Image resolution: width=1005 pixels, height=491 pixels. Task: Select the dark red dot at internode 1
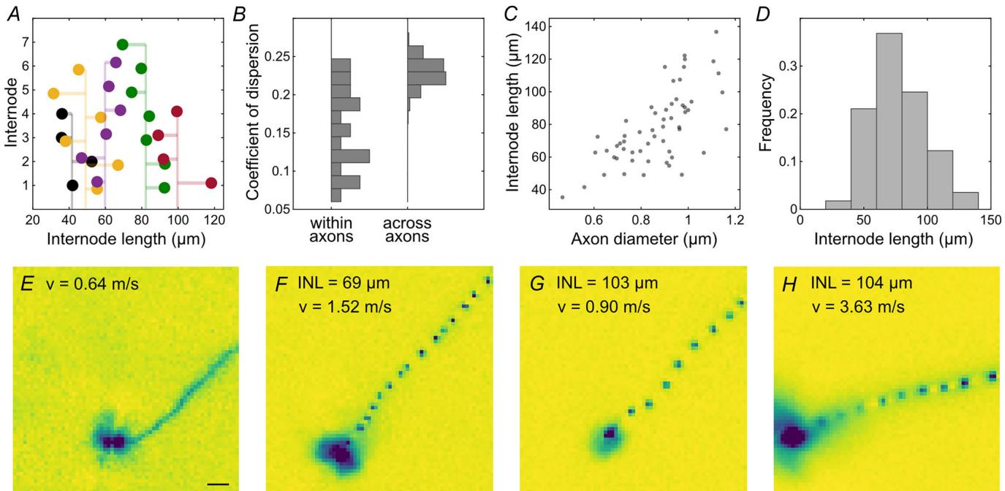211,183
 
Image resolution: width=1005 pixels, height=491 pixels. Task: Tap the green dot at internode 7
123,45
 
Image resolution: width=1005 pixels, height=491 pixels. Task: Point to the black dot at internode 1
72,186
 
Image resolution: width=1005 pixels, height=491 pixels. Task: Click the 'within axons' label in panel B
332,230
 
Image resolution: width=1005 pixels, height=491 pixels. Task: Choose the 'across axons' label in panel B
407,230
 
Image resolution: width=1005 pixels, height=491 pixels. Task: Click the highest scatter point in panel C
716,31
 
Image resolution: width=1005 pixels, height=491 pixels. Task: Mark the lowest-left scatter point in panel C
562,197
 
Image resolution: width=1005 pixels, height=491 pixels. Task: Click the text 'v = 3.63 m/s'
858,305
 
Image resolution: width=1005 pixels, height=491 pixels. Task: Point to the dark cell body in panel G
608,435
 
